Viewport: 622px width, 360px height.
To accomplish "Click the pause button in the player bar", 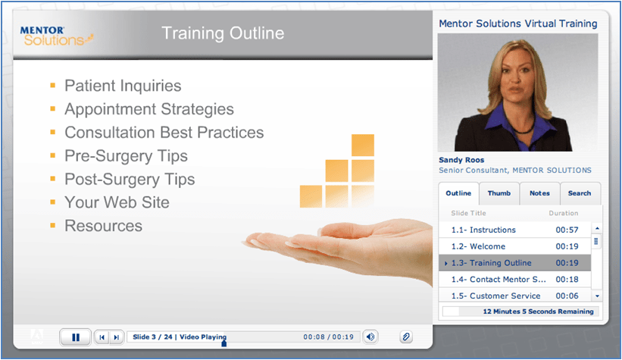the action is pos(75,337).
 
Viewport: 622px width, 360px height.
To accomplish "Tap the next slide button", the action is pos(116,337).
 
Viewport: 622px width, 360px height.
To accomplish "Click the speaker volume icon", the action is pos(370,337).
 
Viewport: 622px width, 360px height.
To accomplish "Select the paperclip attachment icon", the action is pos(406,337).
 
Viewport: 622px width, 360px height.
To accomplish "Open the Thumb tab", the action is pos(499,193).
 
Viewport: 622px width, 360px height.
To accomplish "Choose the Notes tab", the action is pos(539,193).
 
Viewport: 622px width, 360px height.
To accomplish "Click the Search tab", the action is pos(580,193).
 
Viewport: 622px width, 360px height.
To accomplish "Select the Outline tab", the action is pos(458,193).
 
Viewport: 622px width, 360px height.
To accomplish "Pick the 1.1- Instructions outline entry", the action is pos(483,230).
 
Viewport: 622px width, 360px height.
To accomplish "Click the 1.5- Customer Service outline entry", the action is pos(495,296).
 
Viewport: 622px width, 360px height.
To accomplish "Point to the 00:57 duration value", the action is pos(567,230).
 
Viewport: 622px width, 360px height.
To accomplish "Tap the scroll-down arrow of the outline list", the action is pos(596,296).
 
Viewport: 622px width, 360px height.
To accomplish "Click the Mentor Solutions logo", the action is pos(57,36).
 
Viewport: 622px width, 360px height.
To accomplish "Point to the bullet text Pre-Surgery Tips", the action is pos(127,156).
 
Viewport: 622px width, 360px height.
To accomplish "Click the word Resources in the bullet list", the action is pos(103,226).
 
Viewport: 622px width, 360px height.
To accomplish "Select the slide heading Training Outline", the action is pos(223,33).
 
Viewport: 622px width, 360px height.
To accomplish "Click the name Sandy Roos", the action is pos(461,160).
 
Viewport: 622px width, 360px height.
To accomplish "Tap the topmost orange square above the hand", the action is pos(363,146).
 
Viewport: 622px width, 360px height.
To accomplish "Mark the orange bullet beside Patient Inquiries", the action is pos(53,86).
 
